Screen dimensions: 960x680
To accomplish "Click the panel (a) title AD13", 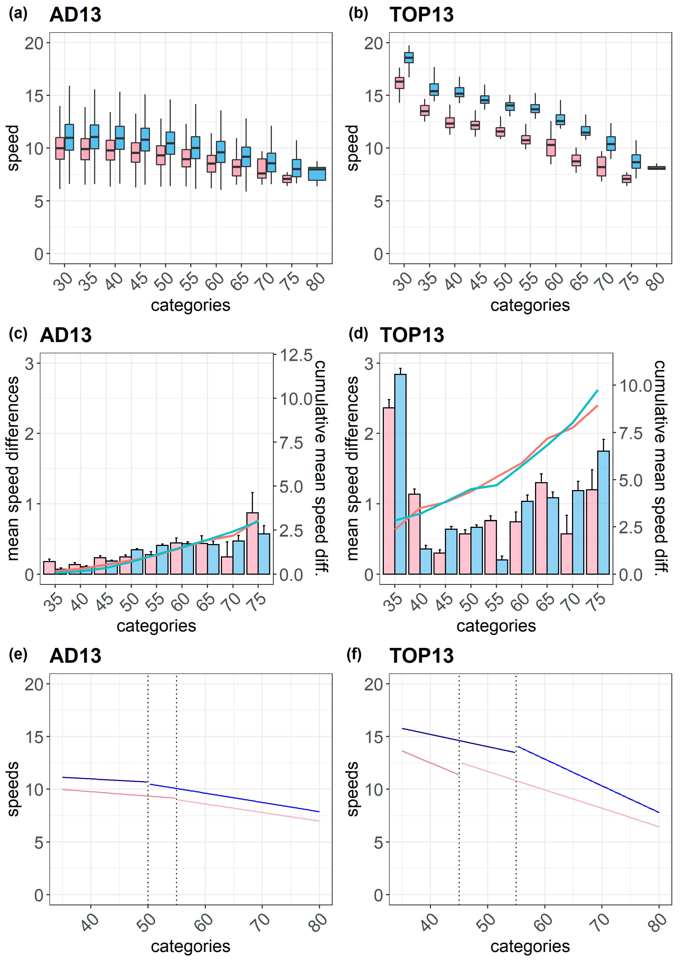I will (75, 15).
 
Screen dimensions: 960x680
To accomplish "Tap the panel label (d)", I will (358, 334).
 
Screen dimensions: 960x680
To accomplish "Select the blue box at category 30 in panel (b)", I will (409, 57).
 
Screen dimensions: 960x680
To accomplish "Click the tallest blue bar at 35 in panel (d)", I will (400, 473).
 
